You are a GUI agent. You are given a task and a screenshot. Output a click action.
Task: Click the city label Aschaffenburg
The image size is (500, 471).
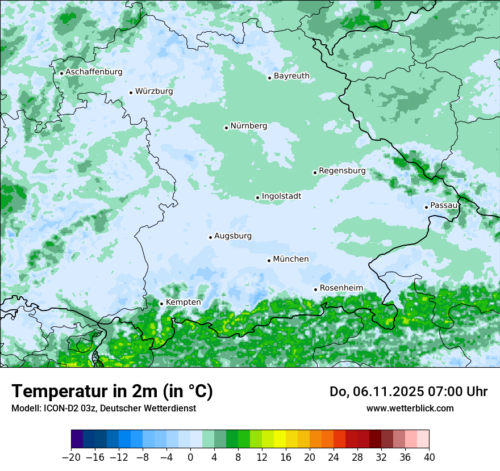click(x=94, y=72)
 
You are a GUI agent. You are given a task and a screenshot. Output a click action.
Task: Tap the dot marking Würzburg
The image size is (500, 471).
click(x=131, y=92)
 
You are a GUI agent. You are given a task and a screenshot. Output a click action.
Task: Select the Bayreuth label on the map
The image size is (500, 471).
click(x=291, y=76)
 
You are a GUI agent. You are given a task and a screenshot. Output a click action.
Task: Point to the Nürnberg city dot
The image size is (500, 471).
click(x=226, y=128)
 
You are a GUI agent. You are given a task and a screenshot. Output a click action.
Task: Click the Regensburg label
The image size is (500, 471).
click(x=342, y=170)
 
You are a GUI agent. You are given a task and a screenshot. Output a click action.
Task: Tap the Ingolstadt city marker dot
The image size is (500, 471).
click(x=257, y=198)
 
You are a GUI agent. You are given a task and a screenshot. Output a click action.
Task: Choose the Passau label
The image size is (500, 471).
click(x=444, y=205)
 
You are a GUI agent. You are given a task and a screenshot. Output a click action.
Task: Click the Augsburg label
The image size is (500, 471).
click(x=233, y=236)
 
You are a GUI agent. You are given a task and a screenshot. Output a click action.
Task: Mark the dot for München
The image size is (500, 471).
click(x=269, y=260)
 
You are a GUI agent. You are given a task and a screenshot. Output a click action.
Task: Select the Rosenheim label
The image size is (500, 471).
click(x=341, y=288)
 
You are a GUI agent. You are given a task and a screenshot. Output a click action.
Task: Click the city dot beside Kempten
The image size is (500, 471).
click(x=161, y=304)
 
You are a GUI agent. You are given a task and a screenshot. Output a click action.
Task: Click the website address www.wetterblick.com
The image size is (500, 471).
click(x=410, y=408)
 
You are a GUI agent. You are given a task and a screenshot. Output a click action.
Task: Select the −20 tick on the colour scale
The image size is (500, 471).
click(x=71, y=457)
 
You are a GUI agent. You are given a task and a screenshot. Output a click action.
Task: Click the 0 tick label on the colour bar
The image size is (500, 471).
click(x=190, y=457)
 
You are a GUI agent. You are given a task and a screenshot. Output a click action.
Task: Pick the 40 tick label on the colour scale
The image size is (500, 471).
click(x=429, y=457)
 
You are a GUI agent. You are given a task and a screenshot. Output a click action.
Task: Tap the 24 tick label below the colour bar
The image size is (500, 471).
click(x=334, y=457)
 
